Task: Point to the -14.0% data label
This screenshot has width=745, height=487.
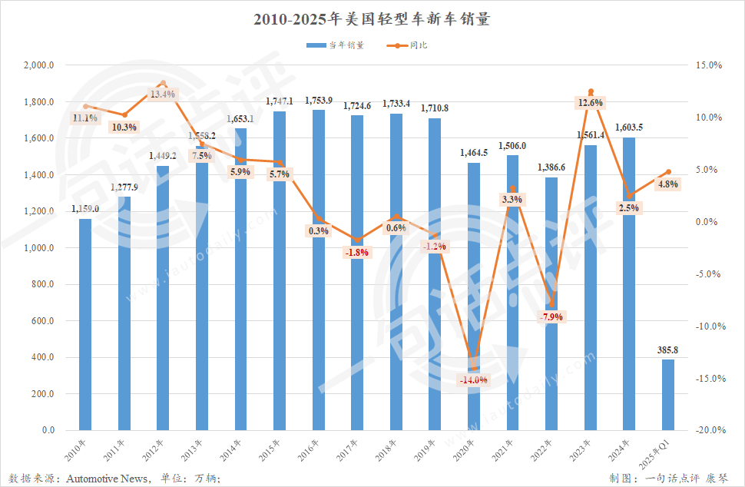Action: (x=473, y=379)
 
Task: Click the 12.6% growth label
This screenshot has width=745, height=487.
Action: (x=591, y=103)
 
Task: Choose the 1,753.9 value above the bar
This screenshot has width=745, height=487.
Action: (x=319, y=101)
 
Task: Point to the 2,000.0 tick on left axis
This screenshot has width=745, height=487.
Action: (x=38, y=66)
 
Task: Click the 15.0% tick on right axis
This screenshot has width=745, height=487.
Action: (x=710, y=66)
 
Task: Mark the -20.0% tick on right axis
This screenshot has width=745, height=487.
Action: (x=709, y=430)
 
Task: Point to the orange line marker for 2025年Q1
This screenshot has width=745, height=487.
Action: (x=668, y=172)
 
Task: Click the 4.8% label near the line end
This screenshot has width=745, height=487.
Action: (x=668, y=184)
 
